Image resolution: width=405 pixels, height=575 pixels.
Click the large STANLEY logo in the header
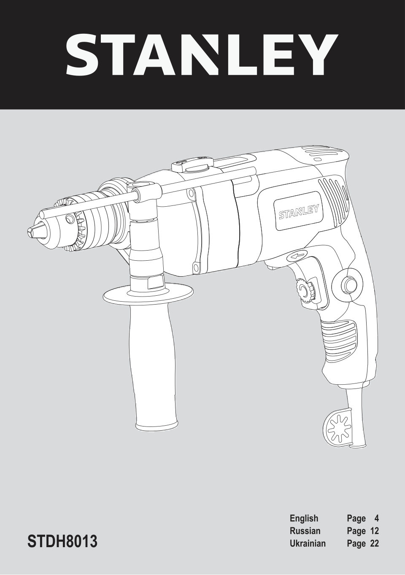pos(202,55)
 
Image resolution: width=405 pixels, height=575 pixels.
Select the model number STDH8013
pos(63,541)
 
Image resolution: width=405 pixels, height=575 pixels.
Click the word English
pos(304,518)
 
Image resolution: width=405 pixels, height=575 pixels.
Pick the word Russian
pos(305,531)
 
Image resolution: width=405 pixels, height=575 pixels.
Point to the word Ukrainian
pos(308,543)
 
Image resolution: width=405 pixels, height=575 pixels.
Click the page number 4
pos(376,518)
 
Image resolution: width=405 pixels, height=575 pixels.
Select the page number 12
pos(374,531)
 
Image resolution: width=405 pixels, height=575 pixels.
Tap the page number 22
pos(374,543)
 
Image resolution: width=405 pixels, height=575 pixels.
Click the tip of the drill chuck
pos(31,232)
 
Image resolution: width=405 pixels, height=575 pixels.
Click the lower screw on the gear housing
pos(196,267)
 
